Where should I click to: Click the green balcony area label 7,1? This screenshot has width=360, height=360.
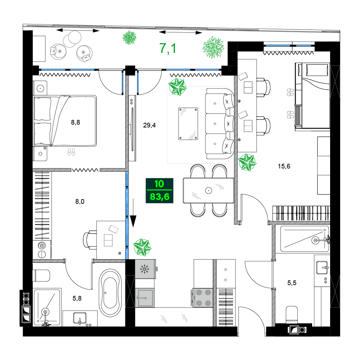tap(168, 48)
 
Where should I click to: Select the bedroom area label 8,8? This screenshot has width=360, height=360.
tap(75, 122)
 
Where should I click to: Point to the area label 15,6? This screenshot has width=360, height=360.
tap(284, 166)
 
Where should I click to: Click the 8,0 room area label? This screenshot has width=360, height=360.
tap(80, 202)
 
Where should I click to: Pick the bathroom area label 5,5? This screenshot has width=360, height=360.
tap(292, 283)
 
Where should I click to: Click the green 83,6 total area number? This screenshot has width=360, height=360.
tap(159, 197)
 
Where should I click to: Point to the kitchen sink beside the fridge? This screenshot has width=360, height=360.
tap(144, 298)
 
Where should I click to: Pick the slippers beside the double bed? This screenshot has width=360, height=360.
tap(72, 152)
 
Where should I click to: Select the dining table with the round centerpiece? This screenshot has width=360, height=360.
tap(208, 190)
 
